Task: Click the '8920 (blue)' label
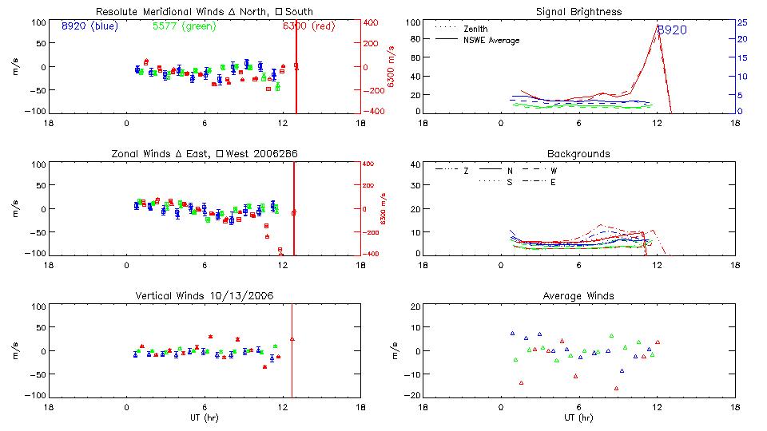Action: coord(89,26)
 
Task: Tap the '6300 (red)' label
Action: coord(308,26)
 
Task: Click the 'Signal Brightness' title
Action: coord(579,12)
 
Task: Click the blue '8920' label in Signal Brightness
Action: coord(672,30)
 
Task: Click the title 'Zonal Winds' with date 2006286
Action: coord(204,153)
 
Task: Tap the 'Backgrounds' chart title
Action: coord(579,153)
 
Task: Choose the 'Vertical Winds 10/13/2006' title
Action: coord(204,295)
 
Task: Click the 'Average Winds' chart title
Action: coord(579,295)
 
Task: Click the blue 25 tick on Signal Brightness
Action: coord(741,22)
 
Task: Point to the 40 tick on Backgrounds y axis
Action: coord(415,165)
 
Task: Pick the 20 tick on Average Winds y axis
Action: coord(415,306)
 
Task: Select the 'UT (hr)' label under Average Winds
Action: coord(579,417)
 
